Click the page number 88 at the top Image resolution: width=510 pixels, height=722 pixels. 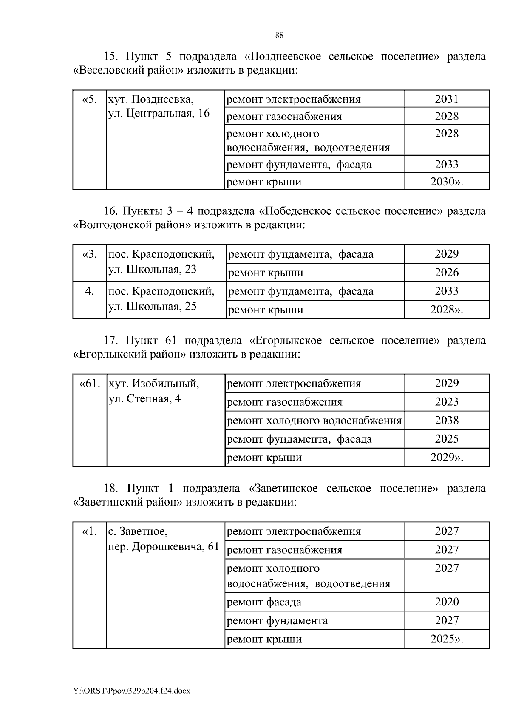coord(279,35)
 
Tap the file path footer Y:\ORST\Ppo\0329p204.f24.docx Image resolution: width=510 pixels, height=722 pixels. coord(132,691)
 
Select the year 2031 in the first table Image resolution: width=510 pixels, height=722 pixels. coord(447,99)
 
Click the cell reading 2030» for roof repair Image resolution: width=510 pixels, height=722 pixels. coord(447,182)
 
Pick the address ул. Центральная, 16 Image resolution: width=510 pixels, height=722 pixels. coord(159,113)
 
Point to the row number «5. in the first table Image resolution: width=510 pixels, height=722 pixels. coord(89,99)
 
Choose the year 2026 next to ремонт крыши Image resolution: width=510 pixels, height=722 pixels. coord(447,273)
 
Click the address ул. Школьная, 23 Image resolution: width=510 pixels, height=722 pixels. coord(153,269)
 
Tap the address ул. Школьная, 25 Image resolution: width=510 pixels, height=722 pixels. coord(153,306)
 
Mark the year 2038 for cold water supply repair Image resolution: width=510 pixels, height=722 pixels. coord(447,421)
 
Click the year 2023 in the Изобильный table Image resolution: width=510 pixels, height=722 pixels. coord(447,402)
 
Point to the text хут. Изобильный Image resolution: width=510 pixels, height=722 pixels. coord(154,384)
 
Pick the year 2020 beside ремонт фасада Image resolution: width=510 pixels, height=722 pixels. coord(447,602)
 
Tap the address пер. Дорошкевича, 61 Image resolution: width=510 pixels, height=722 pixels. coord(164,546)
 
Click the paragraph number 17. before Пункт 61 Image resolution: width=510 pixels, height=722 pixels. coord(113,341)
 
